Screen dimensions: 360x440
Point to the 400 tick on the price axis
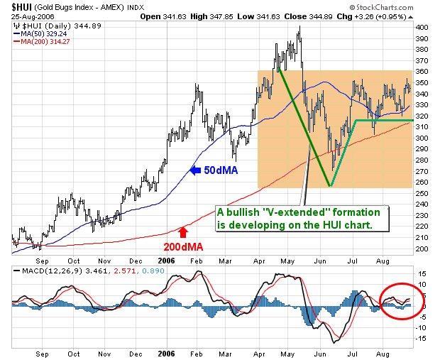point(423,27)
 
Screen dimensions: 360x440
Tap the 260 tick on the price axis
point(423,182)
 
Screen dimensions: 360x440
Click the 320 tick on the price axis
point(423,116)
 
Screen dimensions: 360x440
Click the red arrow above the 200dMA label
point(182,231)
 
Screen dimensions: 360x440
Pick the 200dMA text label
point(184,246)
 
